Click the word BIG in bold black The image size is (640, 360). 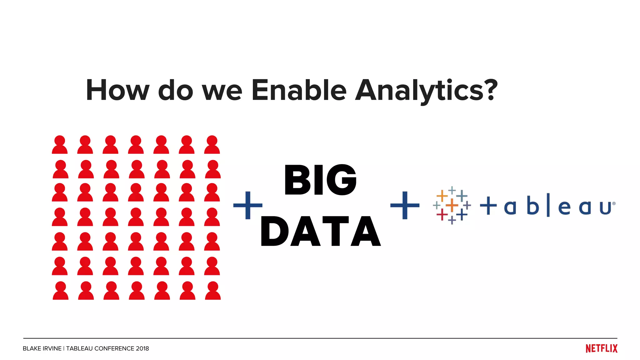tap(320, 180)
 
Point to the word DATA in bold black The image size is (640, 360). tap(320, 232)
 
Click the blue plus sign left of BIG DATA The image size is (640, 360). tap(248, 205)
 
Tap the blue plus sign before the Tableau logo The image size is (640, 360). tap(405, 205)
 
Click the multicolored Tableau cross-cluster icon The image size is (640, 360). tap(452, 205)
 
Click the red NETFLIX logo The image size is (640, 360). tap(601, 348)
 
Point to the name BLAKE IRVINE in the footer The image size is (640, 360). tap(42, 348)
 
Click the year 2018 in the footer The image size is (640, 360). tap(142, 348)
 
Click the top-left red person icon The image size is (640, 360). tap(60, 145)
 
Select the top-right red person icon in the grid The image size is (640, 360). tap(212, 145)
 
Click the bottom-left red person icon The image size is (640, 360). tap(60, 291)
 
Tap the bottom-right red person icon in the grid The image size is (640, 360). tap(213, 291)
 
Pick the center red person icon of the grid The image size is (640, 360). tap(136, 217)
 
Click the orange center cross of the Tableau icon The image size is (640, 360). tap(452, 205)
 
